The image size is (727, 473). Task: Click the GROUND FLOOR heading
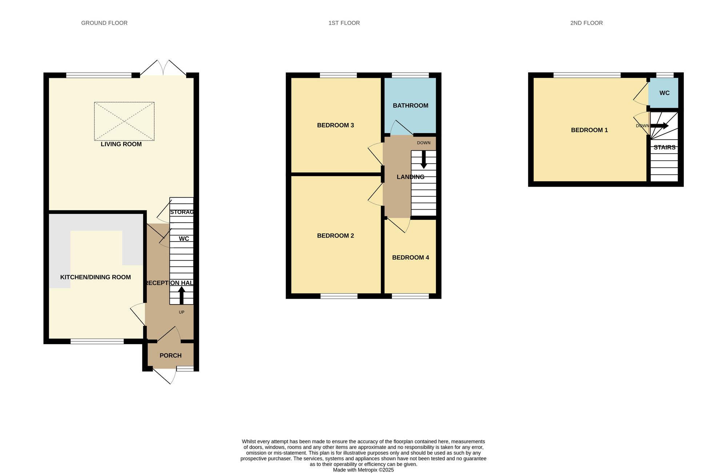tap(104, 23)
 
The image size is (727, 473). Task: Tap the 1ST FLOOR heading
tap(344, 23)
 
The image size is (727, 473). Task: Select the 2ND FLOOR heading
tap(586, 23)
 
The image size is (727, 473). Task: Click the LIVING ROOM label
tap(121, 144)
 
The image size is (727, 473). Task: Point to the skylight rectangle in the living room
tap(124, 121)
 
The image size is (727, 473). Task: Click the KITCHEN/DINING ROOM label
tap(95, 277)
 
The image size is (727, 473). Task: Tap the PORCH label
tap(170, 355)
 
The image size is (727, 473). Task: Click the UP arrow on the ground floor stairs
tap(181, 295)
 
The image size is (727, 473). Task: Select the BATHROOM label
tap(410, 106)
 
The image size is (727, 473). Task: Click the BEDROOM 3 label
tap(335, 125)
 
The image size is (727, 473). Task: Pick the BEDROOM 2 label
tap(335, 236)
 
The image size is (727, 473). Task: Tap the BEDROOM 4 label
tap(410, 258)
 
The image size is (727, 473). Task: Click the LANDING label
tap(410, 177)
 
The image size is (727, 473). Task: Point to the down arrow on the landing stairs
tap(423, 160)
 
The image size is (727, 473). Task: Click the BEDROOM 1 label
tap(589, 130)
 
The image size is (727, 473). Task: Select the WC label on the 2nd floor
tap(664, 93)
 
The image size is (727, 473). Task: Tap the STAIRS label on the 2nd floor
tap(664, 147)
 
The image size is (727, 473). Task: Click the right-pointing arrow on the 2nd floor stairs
tap(660, 126)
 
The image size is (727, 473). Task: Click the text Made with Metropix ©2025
tap(363, 470)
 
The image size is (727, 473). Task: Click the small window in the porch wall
tap(185, 369)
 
